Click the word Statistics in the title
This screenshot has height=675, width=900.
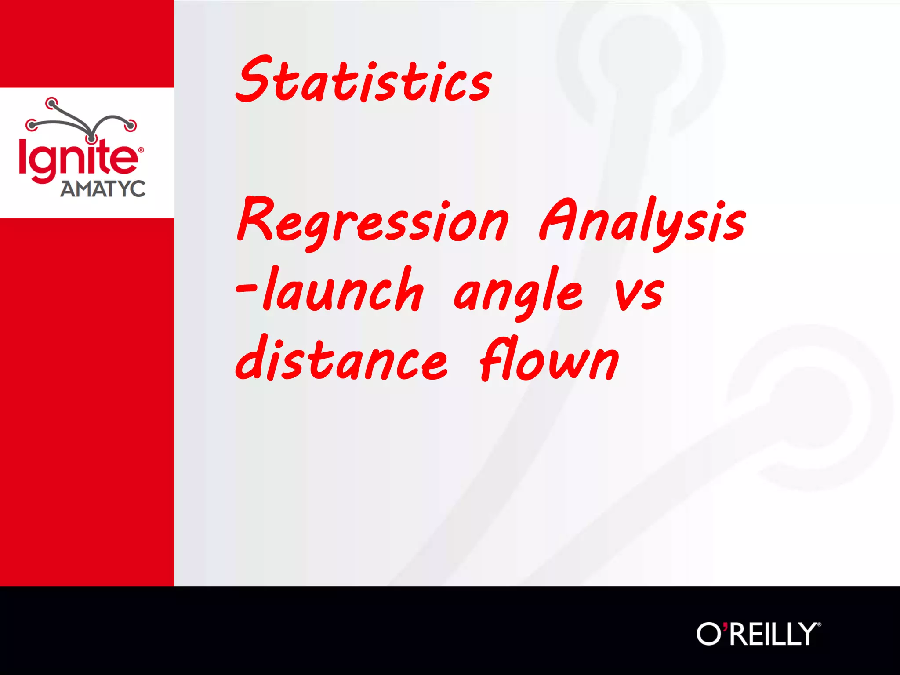364,80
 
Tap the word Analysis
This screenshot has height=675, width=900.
642,222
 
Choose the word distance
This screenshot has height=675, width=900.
342,359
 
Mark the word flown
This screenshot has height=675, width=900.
549,359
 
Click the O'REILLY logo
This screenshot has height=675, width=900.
758,634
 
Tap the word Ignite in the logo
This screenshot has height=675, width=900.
78,159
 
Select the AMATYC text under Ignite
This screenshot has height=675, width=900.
103,189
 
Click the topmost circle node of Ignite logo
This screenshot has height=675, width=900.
52,104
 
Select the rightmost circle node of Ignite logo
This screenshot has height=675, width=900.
131,125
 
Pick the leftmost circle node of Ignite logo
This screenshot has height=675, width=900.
32,125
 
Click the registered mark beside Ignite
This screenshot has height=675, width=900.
141,150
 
